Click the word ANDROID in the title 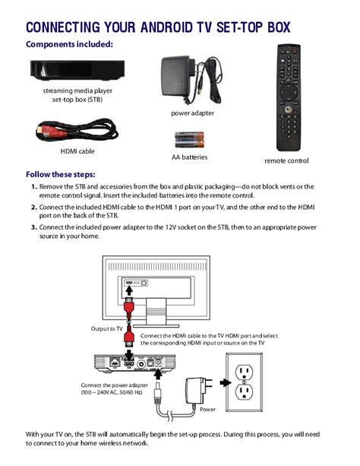[166, 27]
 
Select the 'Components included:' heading [70, 44]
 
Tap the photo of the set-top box [77, 70]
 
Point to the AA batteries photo [190, 140]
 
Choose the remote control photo [289, 98]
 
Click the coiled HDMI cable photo [77, 130]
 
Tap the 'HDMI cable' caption [77, 151]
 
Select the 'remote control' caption [286, 161]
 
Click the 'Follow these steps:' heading [61, 174]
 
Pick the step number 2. [34, 207]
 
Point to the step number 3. [34, 227]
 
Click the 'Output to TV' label [106, 328]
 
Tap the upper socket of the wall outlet [244, 372]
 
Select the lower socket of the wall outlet [244, 392]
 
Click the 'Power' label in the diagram [207, 409]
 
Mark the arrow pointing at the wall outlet [226, 383]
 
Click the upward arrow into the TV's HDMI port [129, 290]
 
